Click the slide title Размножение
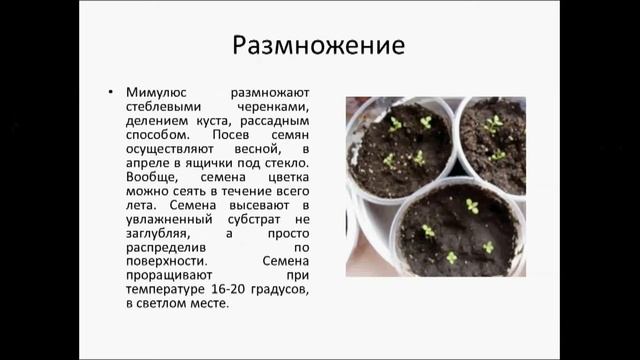pos(319,47)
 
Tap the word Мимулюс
pos(158,90)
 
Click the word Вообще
pos(154,174)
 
